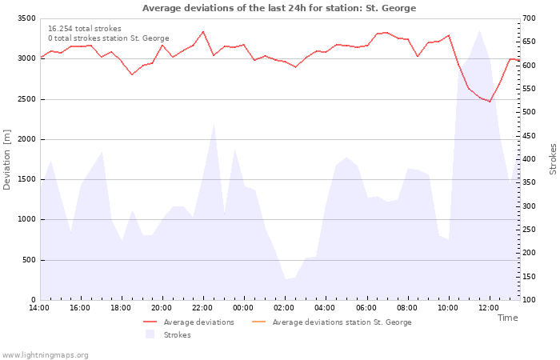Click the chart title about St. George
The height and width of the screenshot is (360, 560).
coord(279,8)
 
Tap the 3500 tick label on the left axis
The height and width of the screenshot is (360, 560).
coord(26,18)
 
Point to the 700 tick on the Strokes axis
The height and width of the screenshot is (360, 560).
coord(530,18)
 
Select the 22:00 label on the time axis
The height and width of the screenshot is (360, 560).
coord(202,308)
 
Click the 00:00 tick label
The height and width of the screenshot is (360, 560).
coord(243,308)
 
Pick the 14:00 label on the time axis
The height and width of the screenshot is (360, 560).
coord(39,308)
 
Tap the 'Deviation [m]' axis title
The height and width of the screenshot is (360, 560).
coord(6,160)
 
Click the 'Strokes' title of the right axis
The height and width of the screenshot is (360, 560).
coord(553,159)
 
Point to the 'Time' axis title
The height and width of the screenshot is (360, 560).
coord(507,318)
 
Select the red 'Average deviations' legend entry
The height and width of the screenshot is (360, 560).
coord(189,322)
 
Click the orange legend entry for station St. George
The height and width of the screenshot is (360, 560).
coord(332,322)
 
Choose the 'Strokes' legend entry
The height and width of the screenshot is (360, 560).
coord(168,334)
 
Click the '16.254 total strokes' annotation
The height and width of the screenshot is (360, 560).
coord(85,29)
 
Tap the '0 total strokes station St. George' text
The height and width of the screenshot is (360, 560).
coord(109,38)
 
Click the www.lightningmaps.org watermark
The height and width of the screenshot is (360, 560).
coord(44,355)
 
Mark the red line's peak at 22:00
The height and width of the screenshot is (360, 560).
coord(203,31)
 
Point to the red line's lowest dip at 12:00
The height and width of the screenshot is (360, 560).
coord(490,102)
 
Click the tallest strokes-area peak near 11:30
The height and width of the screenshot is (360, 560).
coord(479,30)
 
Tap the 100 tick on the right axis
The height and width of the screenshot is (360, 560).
coord(530,300)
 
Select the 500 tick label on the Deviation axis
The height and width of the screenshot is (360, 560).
coord(29,260)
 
